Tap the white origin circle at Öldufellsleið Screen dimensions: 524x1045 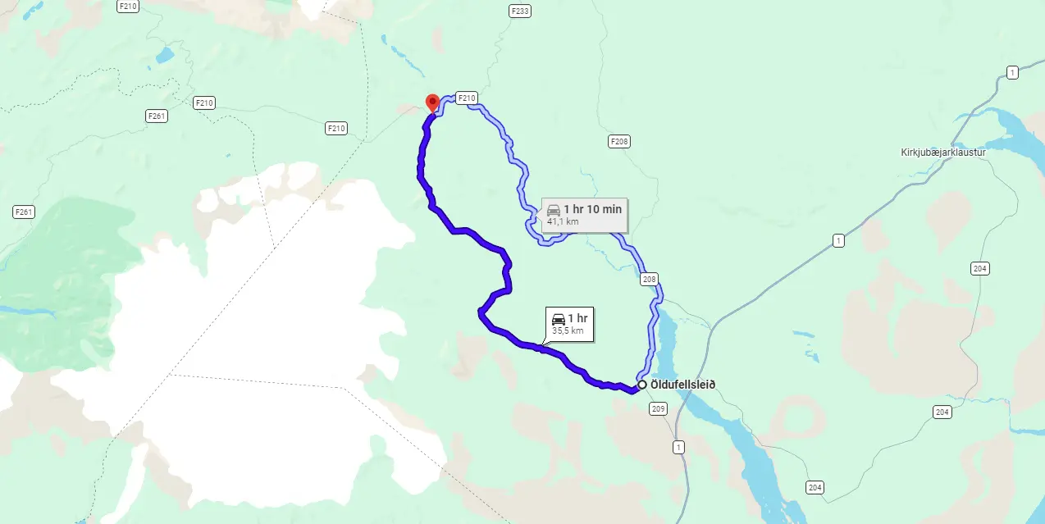click(641, 384)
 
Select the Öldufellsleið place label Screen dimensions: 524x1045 click(682, 384)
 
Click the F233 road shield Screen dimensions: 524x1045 click(519, 11)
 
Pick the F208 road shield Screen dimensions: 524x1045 click(619, 142)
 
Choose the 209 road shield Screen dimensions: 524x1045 click(659, 408)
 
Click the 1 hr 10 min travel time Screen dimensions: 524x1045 click(592, 209)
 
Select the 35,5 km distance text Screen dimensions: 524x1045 click(568, 330)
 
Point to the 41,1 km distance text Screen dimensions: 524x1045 click(563, 221)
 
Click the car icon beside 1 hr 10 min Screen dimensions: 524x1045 click(554, 210)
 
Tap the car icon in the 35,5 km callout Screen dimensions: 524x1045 click(558, 319)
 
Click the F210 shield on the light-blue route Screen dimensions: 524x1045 click(466, 98)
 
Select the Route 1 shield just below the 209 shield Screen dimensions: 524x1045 click(678, 447)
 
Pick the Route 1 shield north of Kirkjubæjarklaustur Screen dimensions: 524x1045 click(1013, 73)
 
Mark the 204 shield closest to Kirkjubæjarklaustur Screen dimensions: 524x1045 click(979, 268)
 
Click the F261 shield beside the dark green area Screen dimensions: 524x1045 click(24, 212)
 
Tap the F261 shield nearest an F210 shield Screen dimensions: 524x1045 click(157, 116)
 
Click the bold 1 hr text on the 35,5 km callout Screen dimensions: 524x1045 click(577, 318)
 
